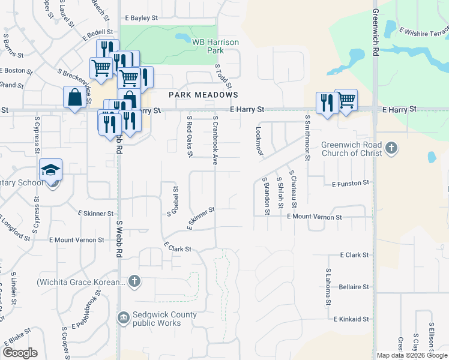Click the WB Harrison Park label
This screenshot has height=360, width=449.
215,46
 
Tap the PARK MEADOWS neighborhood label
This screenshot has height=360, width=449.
203,95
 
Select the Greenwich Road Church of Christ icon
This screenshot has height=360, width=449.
391,148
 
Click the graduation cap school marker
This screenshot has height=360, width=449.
51,170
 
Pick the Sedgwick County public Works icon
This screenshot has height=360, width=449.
123,317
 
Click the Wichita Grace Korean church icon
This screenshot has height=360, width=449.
134,280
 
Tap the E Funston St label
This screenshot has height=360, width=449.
349,183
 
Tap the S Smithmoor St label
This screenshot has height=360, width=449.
307,137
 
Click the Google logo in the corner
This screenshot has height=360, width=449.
20,353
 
